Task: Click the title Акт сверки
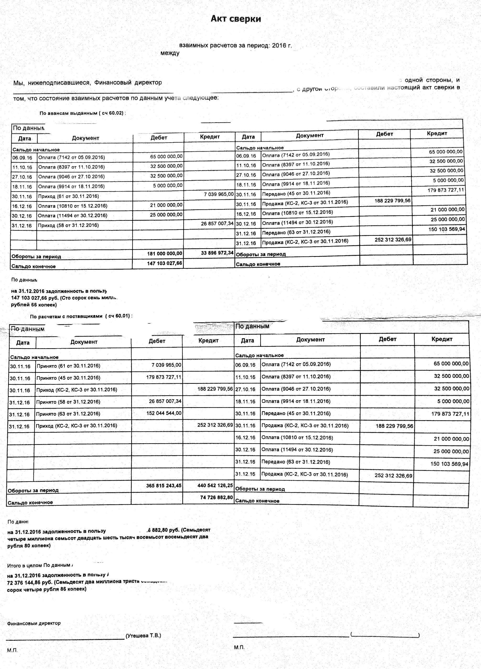point(236,19)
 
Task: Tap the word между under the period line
point(170,53)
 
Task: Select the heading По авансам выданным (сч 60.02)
point(82,113)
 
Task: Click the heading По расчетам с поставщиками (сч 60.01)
point(81,316)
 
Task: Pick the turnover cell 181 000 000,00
point(164,254)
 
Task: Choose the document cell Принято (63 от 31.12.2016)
point(68,414)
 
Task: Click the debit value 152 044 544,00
point(164,413)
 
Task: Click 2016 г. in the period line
point(282,46)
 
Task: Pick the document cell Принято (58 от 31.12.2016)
point(68,402)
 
